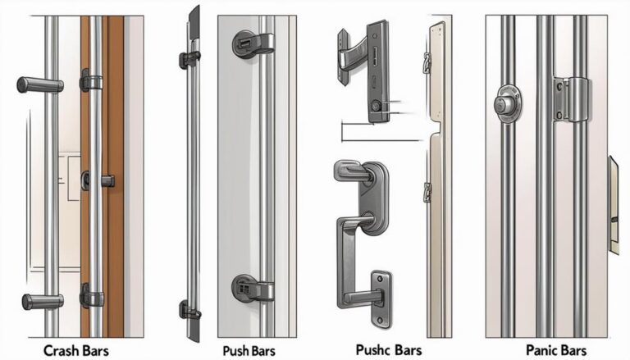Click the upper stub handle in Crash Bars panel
36,84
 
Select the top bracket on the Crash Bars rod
91,80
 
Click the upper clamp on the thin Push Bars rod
189,59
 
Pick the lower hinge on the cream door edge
427,192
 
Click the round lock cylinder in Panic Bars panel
506,105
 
